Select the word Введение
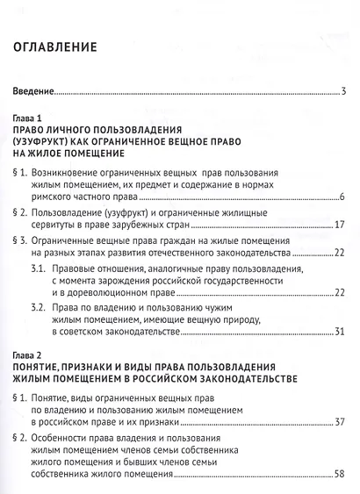31,90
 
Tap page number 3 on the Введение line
345,90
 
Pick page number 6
345,195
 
